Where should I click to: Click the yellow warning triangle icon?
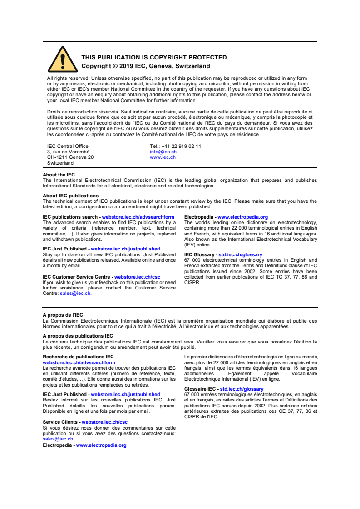pyautogui.click(x=63, y=60)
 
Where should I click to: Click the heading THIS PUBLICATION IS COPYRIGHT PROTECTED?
pyautogui.click(x=154, y=58)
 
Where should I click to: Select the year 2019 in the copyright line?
pyautogui.click(x=126, y=66)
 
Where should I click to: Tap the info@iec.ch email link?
pyautogui.click(x=163, y=152)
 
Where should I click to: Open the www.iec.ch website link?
pyautogui.click(x=163, y=157)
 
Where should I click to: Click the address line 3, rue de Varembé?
pyautogui.click(x=68, y=152)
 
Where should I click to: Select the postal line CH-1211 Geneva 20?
pyautogui.click(x=70, y=157)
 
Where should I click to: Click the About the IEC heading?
pyautogui.click(x=59, y=175)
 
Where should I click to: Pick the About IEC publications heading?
pyautogui.click(x=70, y=196)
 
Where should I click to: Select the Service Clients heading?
pyautogui.click(x=61, y=422)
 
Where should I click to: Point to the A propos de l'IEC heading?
pyautogui.click(x=63, y=315)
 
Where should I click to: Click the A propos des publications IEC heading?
pyautogui.click(x=78, y=336)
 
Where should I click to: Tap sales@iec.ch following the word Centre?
pyautogui.click(x=75, y=294)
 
